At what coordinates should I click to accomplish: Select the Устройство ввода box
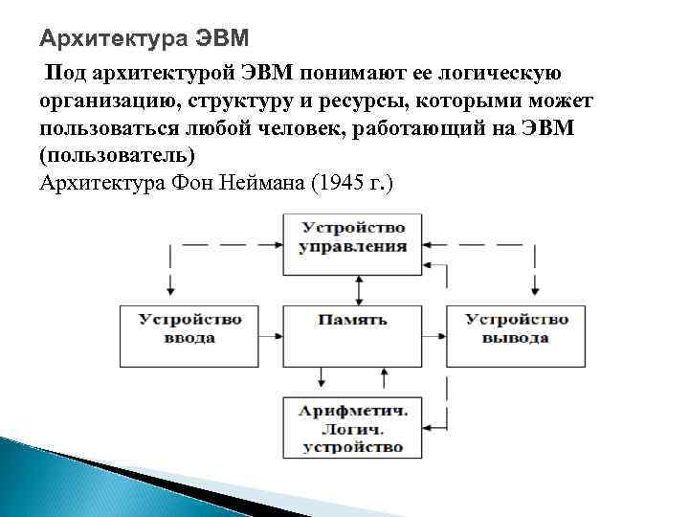point(189,328)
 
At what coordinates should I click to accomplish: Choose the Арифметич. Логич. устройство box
point(353,428)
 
